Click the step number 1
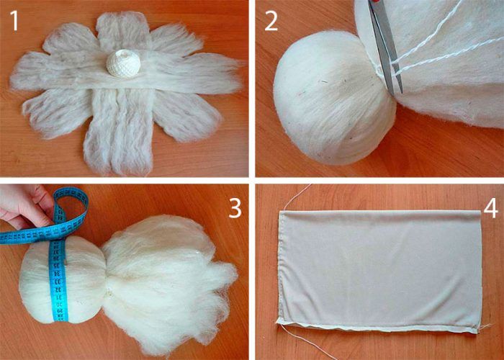(x=14, y=20)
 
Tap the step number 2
(x=271, y=20)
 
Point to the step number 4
(x=490, y=209)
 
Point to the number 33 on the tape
(x=57, y=281)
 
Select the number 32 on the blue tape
(x=58, y=289)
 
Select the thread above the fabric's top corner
(x=295, y=197)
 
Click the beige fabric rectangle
(x=380, y=271)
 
